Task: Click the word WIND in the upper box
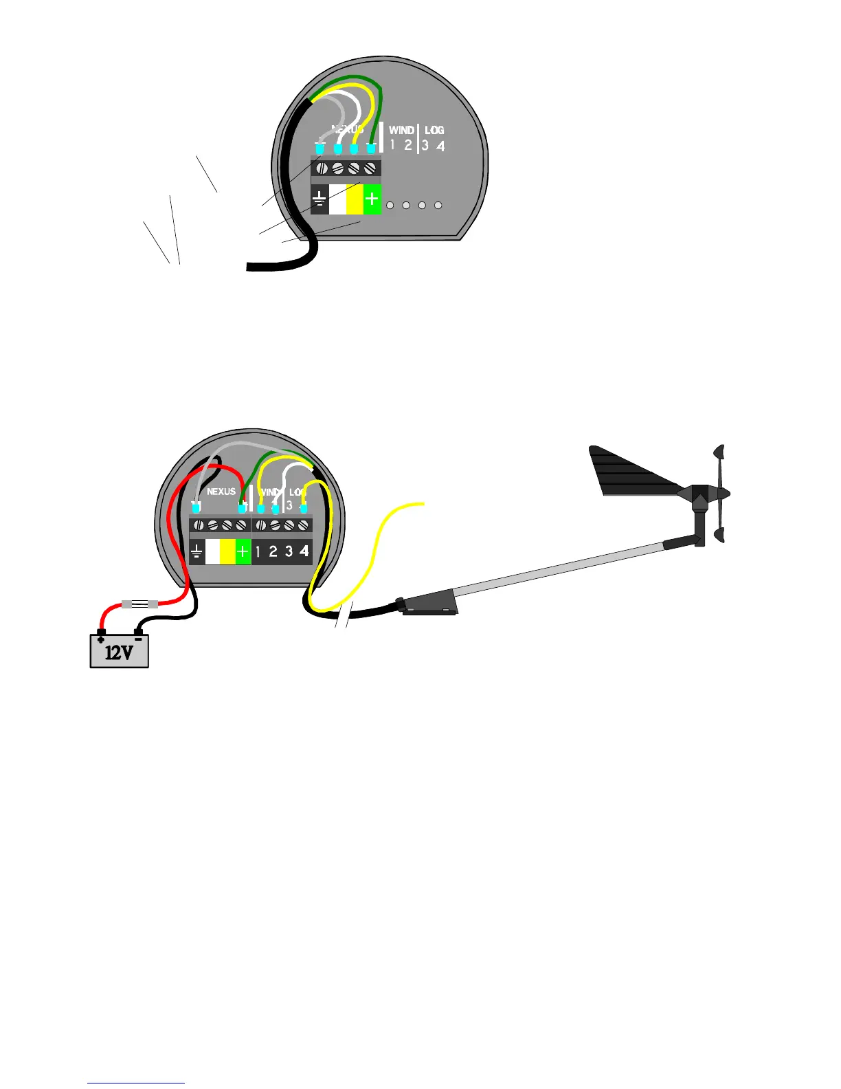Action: (401, 130)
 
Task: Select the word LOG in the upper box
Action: (434, 130)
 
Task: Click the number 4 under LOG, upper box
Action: (440, 146)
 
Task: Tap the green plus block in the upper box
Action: (372, 199)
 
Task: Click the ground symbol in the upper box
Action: (319, 199)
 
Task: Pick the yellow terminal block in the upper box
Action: (355, 199)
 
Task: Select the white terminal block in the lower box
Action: (212, 552)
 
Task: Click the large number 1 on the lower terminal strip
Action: (258, 552)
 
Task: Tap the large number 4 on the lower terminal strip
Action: (304, 552)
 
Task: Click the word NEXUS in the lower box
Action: (221, 492)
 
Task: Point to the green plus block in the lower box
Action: (243, 552)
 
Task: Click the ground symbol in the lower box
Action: (197, 552)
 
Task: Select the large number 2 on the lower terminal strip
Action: (273, 552)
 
